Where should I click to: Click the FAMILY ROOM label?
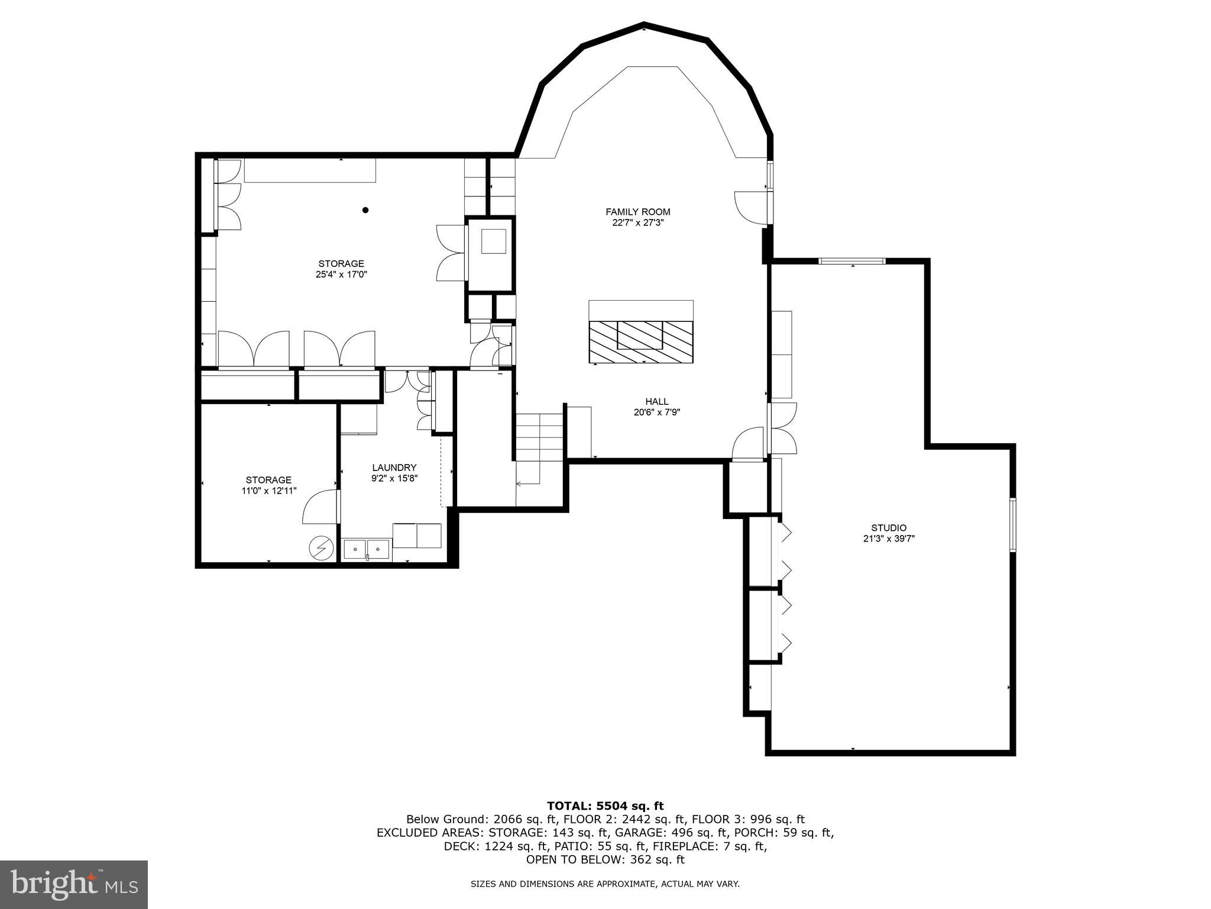point(637,212)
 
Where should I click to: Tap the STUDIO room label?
point(888,528)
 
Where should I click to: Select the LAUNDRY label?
point(394,468)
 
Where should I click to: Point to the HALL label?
point(656,402)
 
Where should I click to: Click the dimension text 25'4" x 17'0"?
point(341,275)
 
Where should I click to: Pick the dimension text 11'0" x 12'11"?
point(268,491)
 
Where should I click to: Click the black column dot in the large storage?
point(365,210)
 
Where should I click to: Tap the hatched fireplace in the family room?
point(640,342)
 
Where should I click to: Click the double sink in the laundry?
point(367,549)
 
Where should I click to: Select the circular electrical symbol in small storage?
point(321,549)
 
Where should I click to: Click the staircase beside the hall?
point(539,438)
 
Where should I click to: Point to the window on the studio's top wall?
point(851,261)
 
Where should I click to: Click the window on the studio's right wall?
point(1012,525)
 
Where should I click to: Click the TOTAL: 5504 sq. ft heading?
point(605,805)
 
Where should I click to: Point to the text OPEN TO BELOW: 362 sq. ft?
point(605,860)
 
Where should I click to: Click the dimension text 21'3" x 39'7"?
point(888,539)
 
